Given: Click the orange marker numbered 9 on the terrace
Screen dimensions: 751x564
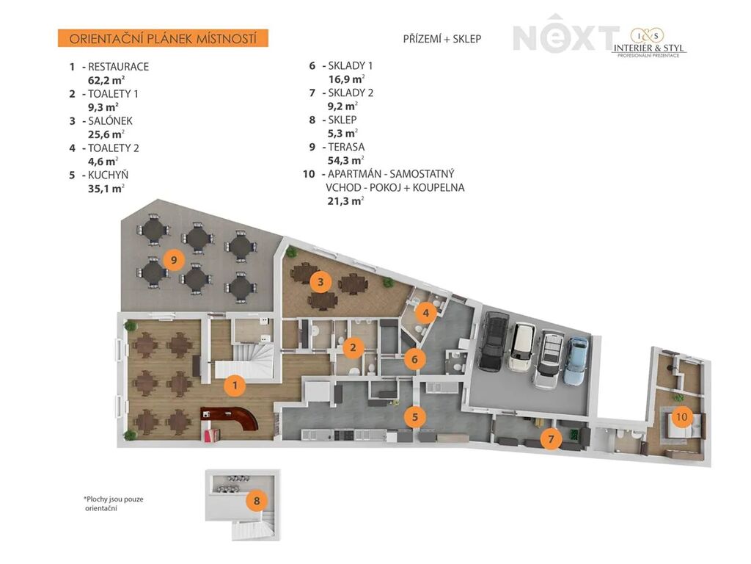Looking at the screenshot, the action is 174,260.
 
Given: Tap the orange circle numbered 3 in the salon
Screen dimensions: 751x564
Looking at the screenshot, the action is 321,282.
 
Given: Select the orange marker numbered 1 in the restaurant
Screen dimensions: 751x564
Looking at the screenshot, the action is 235,385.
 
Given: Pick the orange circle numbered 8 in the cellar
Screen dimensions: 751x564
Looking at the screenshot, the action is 257,501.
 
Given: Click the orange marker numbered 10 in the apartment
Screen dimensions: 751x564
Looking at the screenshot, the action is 681,416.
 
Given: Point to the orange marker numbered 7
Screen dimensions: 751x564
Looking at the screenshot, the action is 552,438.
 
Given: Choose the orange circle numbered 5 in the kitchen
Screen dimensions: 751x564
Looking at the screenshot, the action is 415,417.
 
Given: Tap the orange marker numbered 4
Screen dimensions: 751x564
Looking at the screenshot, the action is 426,314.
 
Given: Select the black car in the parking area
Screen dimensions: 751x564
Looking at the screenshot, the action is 494,341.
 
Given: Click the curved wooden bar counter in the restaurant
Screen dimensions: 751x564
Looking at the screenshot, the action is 230,418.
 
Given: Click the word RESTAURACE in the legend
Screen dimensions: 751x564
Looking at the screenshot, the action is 118,67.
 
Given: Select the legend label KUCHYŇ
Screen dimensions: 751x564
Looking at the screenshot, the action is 109,175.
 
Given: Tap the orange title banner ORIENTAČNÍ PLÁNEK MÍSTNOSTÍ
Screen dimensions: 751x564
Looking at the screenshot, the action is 163,38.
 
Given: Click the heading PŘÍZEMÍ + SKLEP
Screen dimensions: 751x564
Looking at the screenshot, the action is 442,39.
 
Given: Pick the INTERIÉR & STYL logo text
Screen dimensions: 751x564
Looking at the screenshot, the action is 649,48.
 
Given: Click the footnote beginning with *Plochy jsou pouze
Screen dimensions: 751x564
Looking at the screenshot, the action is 114,504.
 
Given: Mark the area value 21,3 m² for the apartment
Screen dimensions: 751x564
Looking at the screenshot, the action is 345,201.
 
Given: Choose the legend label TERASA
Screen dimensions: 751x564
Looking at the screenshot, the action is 346,147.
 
